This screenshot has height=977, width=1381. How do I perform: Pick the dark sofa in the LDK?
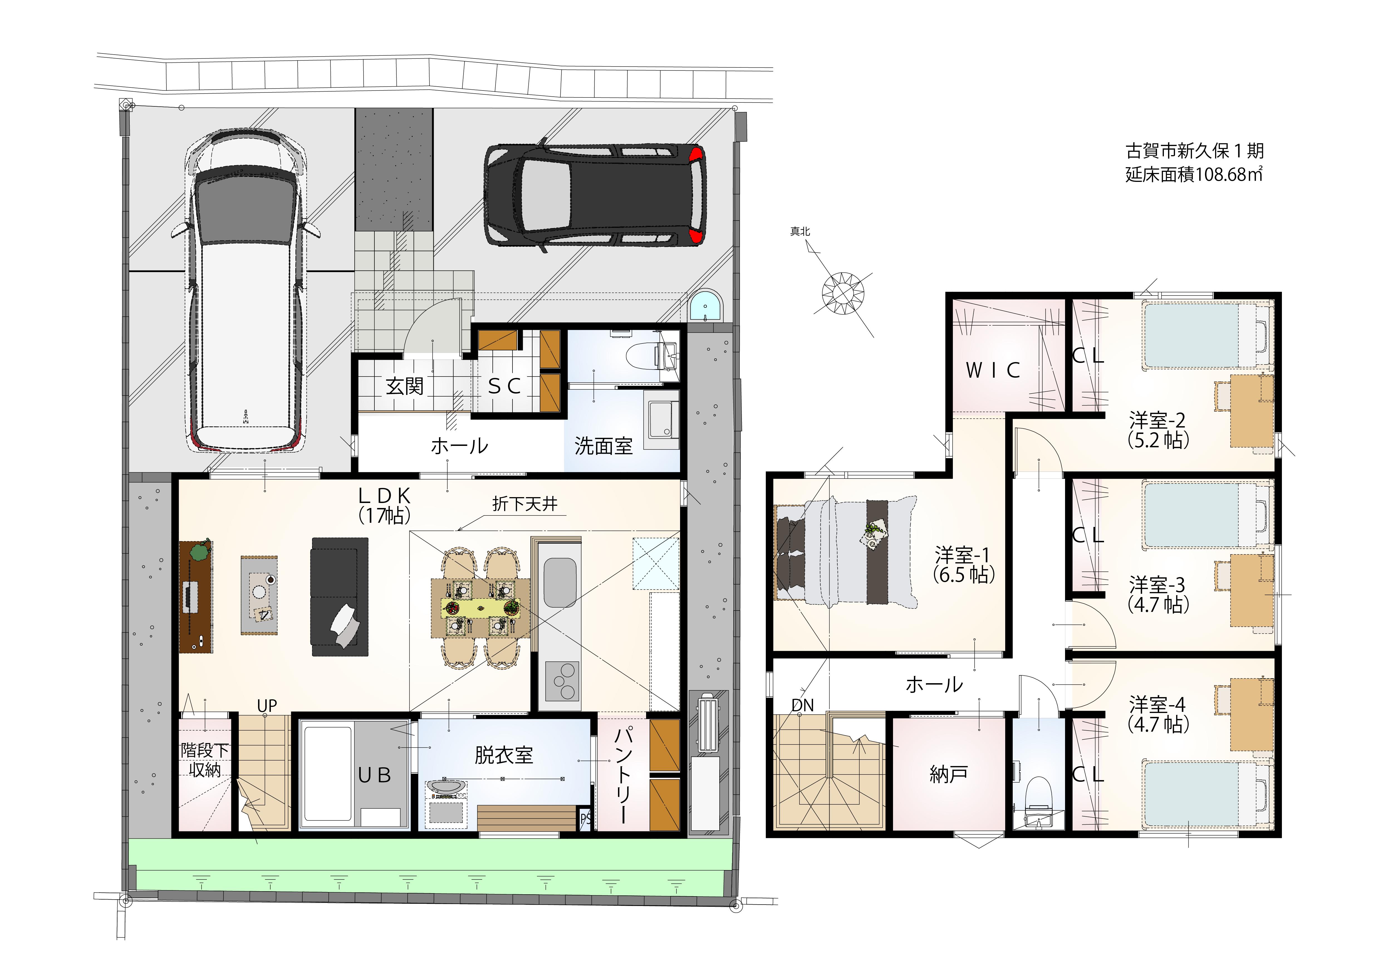(339, 597)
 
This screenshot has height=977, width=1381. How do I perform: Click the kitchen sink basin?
(560, 582)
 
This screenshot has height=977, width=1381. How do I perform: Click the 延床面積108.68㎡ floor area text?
(1194, 174)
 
